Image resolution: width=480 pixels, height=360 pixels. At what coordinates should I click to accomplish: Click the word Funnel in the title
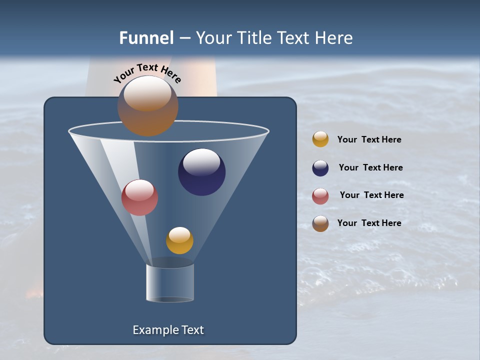coord(146,38)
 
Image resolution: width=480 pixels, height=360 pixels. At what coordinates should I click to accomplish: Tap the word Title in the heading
coord(255,38)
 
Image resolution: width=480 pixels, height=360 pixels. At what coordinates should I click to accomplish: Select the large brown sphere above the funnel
coord(148,106)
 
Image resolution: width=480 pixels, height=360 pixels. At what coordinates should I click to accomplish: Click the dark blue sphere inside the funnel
coord(202,172)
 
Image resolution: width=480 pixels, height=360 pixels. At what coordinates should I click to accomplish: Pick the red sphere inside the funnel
coord(140,197)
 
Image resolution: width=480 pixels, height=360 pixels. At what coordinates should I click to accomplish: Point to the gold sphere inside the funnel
coord(179,240)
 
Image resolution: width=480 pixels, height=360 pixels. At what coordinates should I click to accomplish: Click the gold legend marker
coord(320,139)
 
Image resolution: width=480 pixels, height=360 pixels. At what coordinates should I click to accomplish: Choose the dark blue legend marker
coord(320,168)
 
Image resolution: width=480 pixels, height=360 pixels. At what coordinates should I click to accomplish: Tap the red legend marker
coord(320,196)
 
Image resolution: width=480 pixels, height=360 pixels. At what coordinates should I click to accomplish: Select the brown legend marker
coord(320,223)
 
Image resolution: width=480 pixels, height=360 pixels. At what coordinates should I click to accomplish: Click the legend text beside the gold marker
coord(369,140)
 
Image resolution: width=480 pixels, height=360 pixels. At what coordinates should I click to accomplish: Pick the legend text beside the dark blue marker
coord(370,168)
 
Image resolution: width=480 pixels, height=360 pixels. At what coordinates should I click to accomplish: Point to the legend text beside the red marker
coord(371,195)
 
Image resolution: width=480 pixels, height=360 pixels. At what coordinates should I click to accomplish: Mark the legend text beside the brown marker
coord(369,223)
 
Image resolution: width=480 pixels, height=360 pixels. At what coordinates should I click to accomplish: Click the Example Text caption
coord(168,330)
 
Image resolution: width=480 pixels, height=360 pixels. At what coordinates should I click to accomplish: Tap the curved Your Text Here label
coord(147,72)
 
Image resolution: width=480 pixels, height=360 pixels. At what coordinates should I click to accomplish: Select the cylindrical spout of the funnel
coord(170,282)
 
